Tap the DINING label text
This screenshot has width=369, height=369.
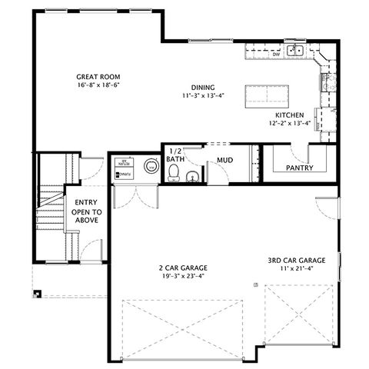click(x=203, y=87)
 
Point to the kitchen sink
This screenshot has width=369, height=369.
click(x=296, y=52)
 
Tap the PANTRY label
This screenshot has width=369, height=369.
click(x=298, y=167)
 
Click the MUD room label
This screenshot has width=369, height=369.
click(x=224, y=160)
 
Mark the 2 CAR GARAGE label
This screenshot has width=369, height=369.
click(x=183, y=268)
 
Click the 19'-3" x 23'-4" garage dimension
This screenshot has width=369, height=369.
click(x=183, y=277)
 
